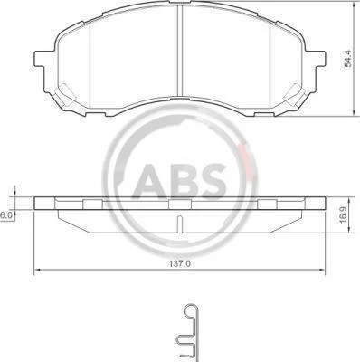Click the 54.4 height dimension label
click(x=348, y=59)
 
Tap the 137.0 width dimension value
click(x=180, y=263)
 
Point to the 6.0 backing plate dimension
click(x=5, y=215)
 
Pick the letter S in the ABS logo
click(x=213, y=181)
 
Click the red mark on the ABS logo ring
click(x=243, y=159)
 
